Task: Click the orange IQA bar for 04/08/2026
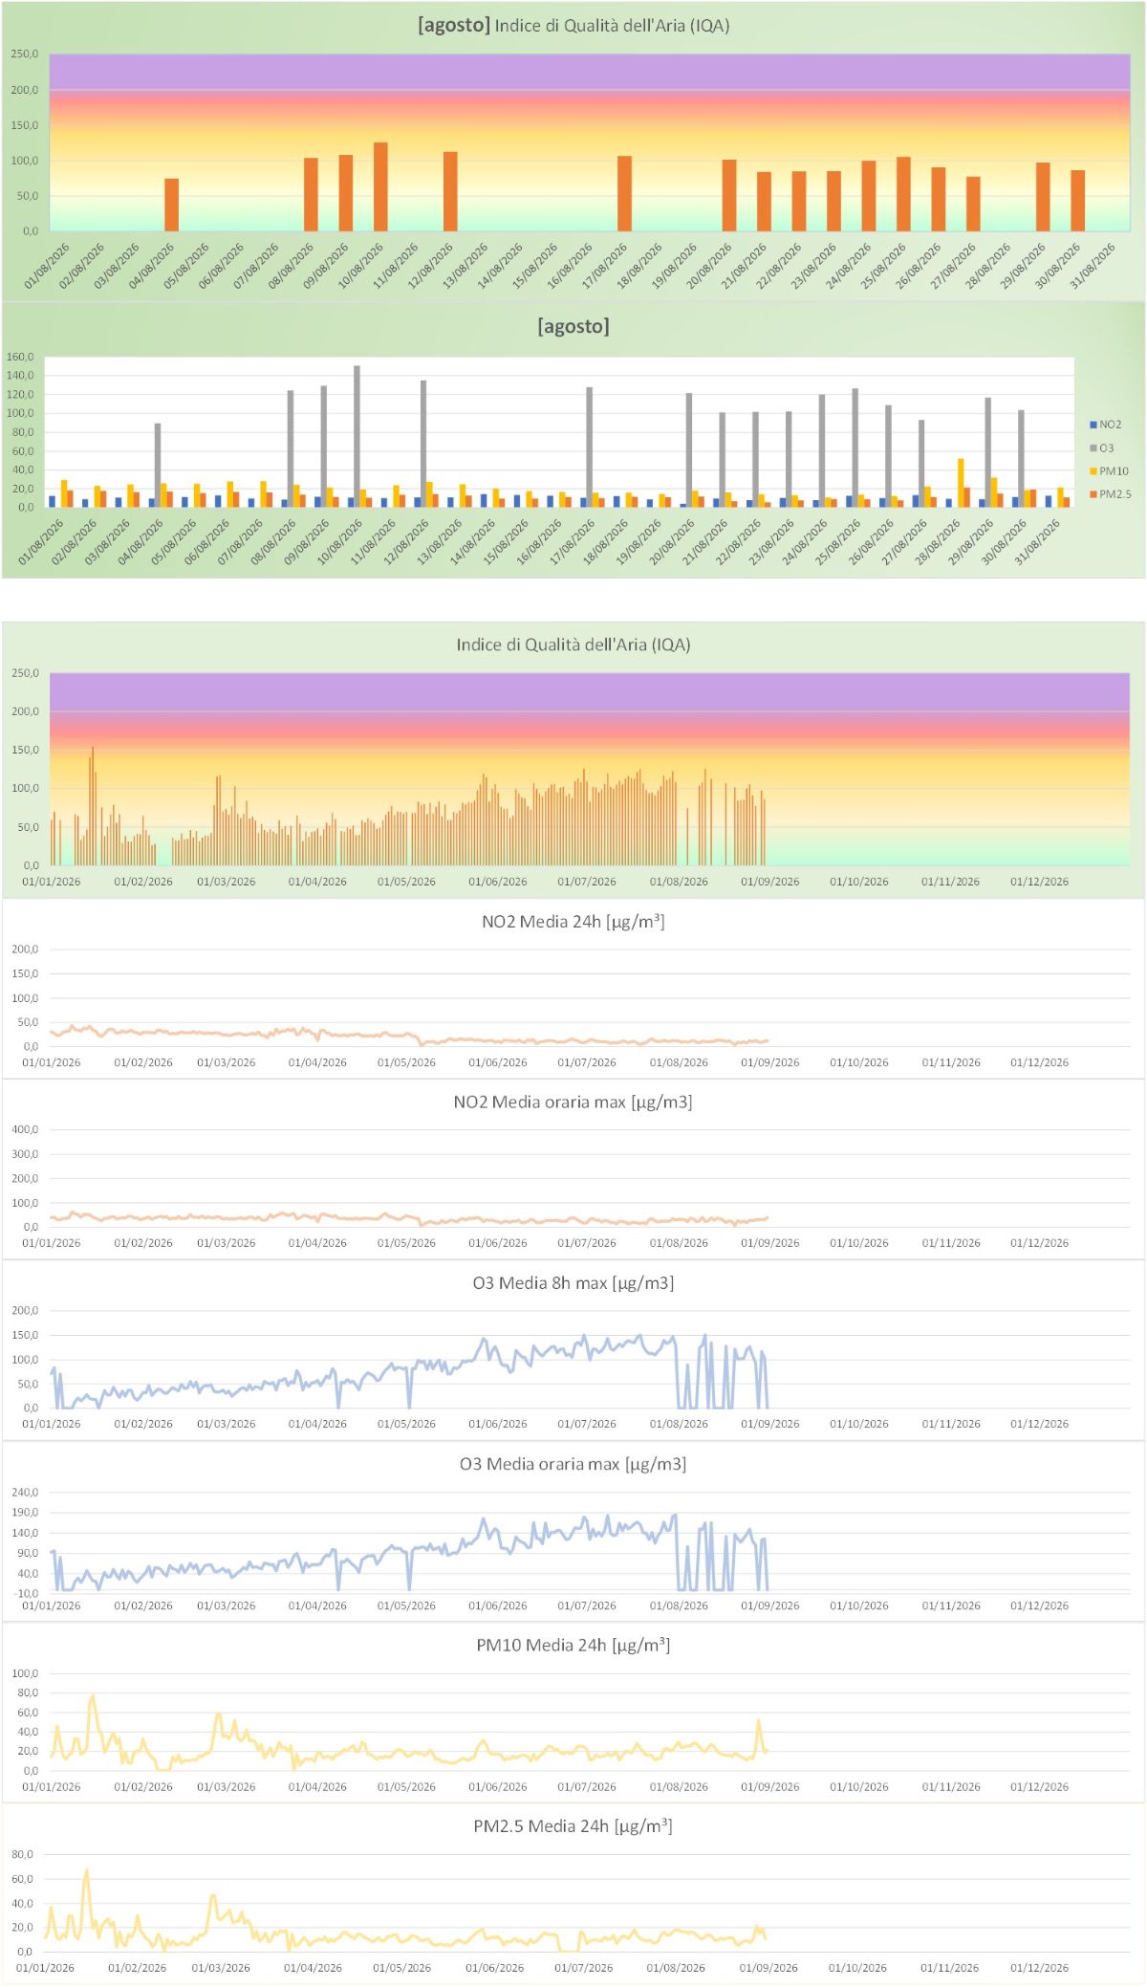[x=171, y=205]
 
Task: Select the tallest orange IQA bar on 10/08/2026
[x=380, y=186]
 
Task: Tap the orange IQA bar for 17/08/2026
[x=624, y=193]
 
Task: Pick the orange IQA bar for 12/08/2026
[x=450, y=191]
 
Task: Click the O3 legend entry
[x=1102, y=448]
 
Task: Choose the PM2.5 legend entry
[x=1110, y=494]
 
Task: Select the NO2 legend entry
[x=1106, y=425]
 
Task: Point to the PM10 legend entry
[x=1109, y=471]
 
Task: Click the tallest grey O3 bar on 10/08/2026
[x=357, y=436]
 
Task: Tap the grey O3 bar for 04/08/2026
[x=158, y=465]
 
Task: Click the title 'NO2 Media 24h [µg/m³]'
[x=573, y=921]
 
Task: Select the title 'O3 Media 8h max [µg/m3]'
[x=573, y=1282]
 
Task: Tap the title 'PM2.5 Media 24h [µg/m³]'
[x=573, y=1825]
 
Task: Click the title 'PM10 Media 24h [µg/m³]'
[x=573, y=1645]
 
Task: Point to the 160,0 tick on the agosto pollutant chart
[x=20, y=357]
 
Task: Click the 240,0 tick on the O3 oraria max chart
[x=25, y=1492]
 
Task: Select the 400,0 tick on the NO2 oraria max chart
[x=25, y=1129]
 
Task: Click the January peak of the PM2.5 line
[x=86, y=1870]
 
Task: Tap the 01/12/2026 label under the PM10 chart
[x=1040, y=1786]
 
